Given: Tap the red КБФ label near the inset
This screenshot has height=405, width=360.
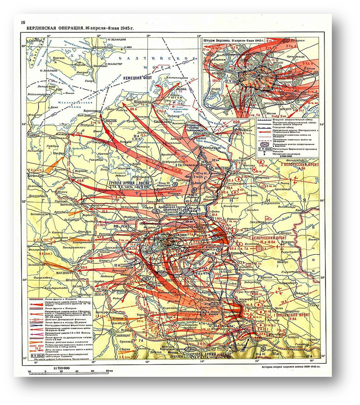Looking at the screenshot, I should click(x=249, y=122).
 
